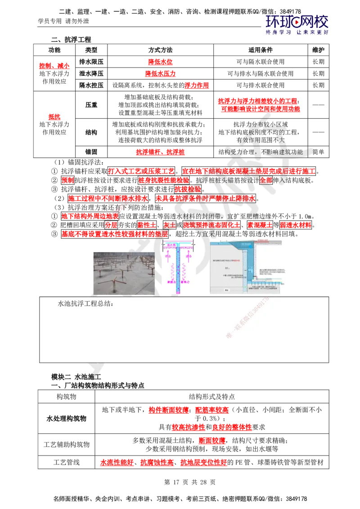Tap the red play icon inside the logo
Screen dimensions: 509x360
coord(297,21)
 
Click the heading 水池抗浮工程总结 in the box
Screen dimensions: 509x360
coord(86,304)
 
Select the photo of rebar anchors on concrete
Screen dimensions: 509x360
coord(123,272)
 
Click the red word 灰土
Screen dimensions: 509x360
coord(169,225)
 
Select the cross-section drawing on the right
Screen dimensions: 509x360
coord(248,266)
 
